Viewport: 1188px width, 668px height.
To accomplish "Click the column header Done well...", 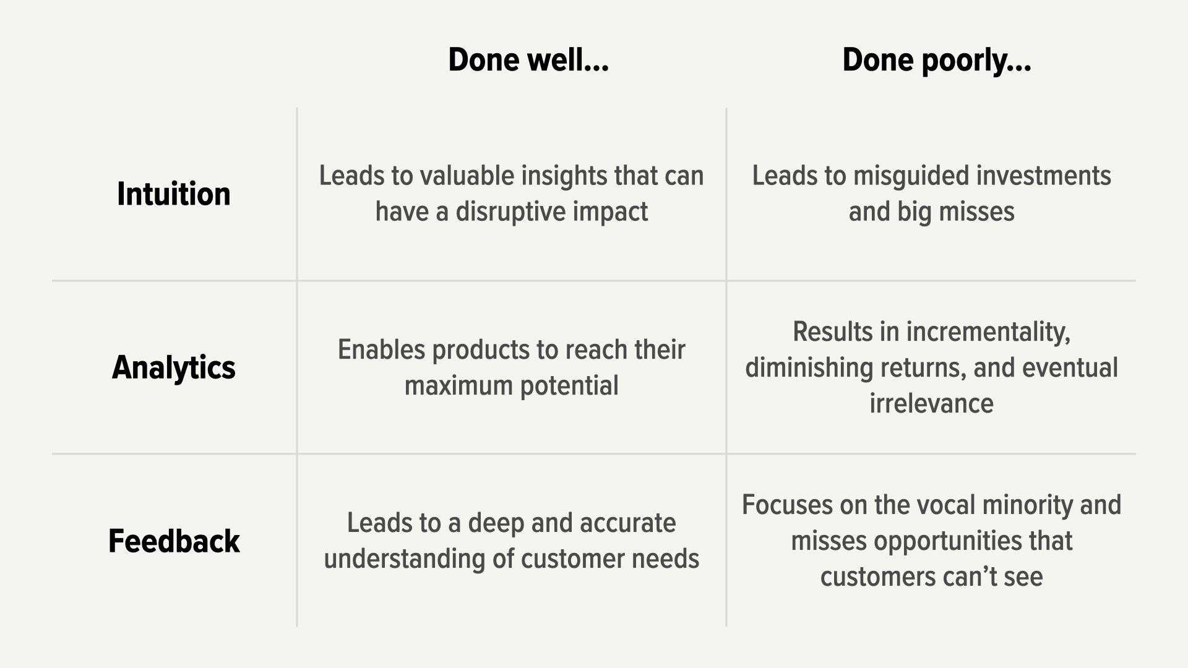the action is [528, 60].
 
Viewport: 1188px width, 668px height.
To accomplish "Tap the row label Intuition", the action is [174, 194].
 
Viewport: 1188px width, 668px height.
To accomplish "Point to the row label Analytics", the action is [174, 368].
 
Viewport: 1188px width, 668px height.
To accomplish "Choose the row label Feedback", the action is [174, 541].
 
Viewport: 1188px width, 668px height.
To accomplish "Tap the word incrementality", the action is [988, 332].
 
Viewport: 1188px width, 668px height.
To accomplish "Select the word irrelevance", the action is [931, 404].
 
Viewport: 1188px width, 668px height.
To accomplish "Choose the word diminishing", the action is [808, 368].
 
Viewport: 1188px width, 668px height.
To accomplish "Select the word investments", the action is [1044, 176].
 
